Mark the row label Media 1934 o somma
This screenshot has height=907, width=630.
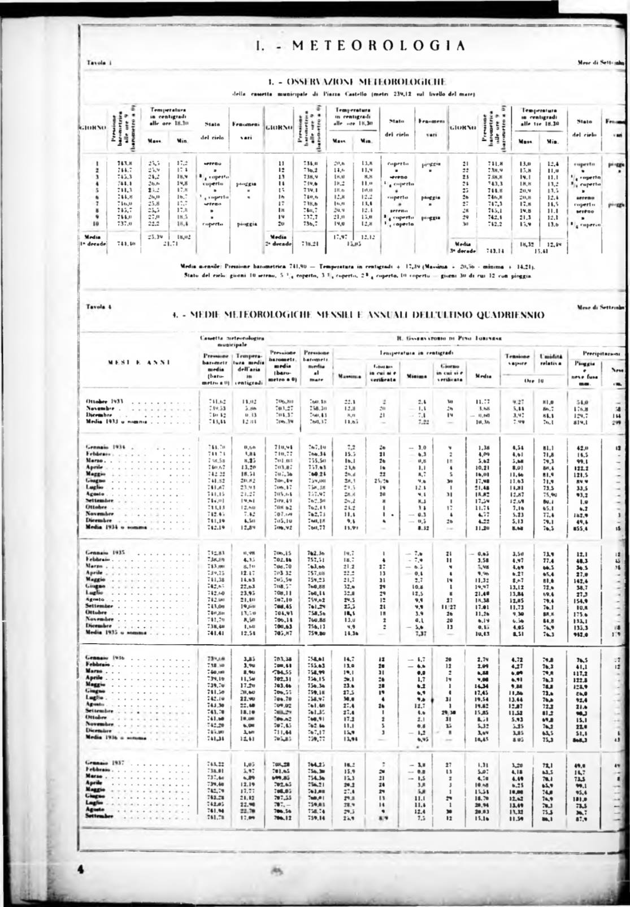click(x=115, y=527)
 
